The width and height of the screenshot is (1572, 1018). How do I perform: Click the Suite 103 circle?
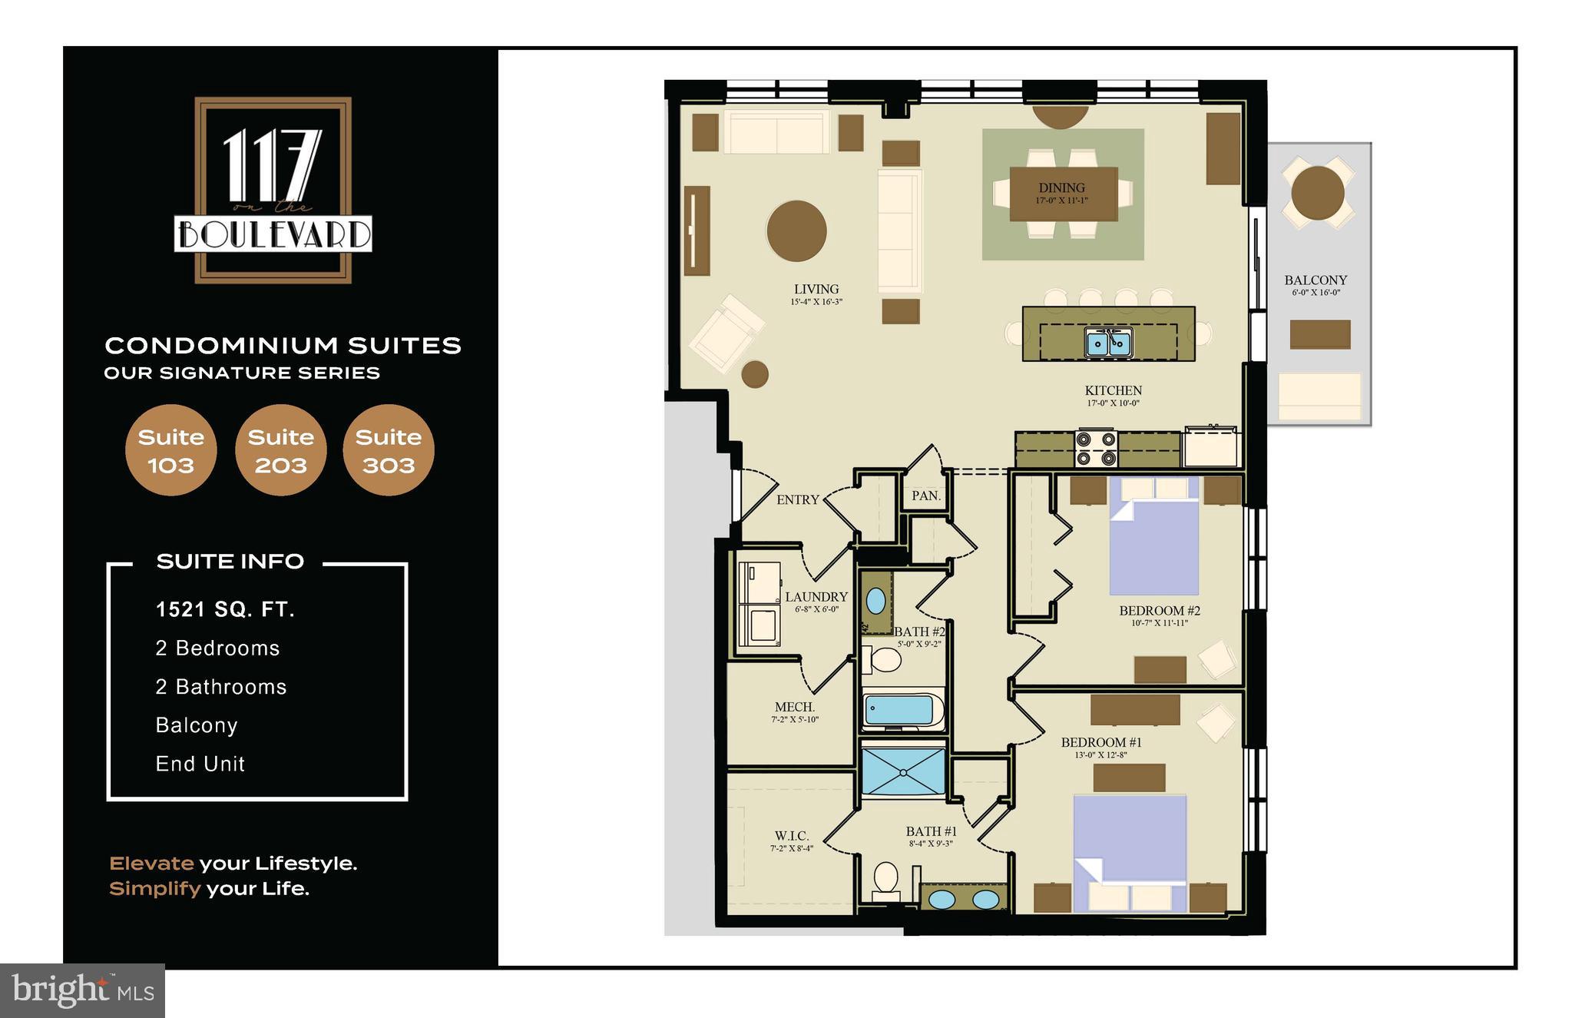pyautogui.click(x=170, y=450)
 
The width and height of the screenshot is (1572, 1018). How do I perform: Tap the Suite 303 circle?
pyautogui.click(x=389, y=450)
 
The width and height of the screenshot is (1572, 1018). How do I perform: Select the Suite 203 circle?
pyautogui.click(x=280, y=450)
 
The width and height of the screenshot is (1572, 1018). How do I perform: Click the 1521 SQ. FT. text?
pyautogui.click(x=225, y=610)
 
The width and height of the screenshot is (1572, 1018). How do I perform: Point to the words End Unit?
pyautogui.click(x=200, y=764)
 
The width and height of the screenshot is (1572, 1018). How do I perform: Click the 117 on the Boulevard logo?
pyautogui.click(x=273, y=190)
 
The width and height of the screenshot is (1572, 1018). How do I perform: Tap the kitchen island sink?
pyautogui.click(x=1108, y=343)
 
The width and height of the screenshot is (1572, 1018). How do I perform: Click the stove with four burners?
pyautogui.click(x=1096, y=449)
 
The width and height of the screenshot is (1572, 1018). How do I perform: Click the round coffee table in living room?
pyautogui.click(x=796, y=230)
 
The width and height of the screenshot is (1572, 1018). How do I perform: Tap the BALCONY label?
pyautogui.click(x=1316, y=280)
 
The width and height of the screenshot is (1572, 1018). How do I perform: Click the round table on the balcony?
pyautogui.click(x=1317, y=193)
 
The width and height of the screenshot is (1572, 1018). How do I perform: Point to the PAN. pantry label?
pyautogui.click(x=926, y=496)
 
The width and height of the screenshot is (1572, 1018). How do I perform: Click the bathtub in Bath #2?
pyautogui.click(x=899, y=710)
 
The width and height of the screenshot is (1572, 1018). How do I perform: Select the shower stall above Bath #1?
pyautogui.click(x=903, y=771)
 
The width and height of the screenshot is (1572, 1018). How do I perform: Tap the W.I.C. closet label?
pyautogui.click(x=791, y=836)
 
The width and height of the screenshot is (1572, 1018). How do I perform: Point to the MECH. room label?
pyautogui.click(x=795, y=707)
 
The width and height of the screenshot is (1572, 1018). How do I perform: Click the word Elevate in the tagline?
pyautogui.click(x=151, y=864)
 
